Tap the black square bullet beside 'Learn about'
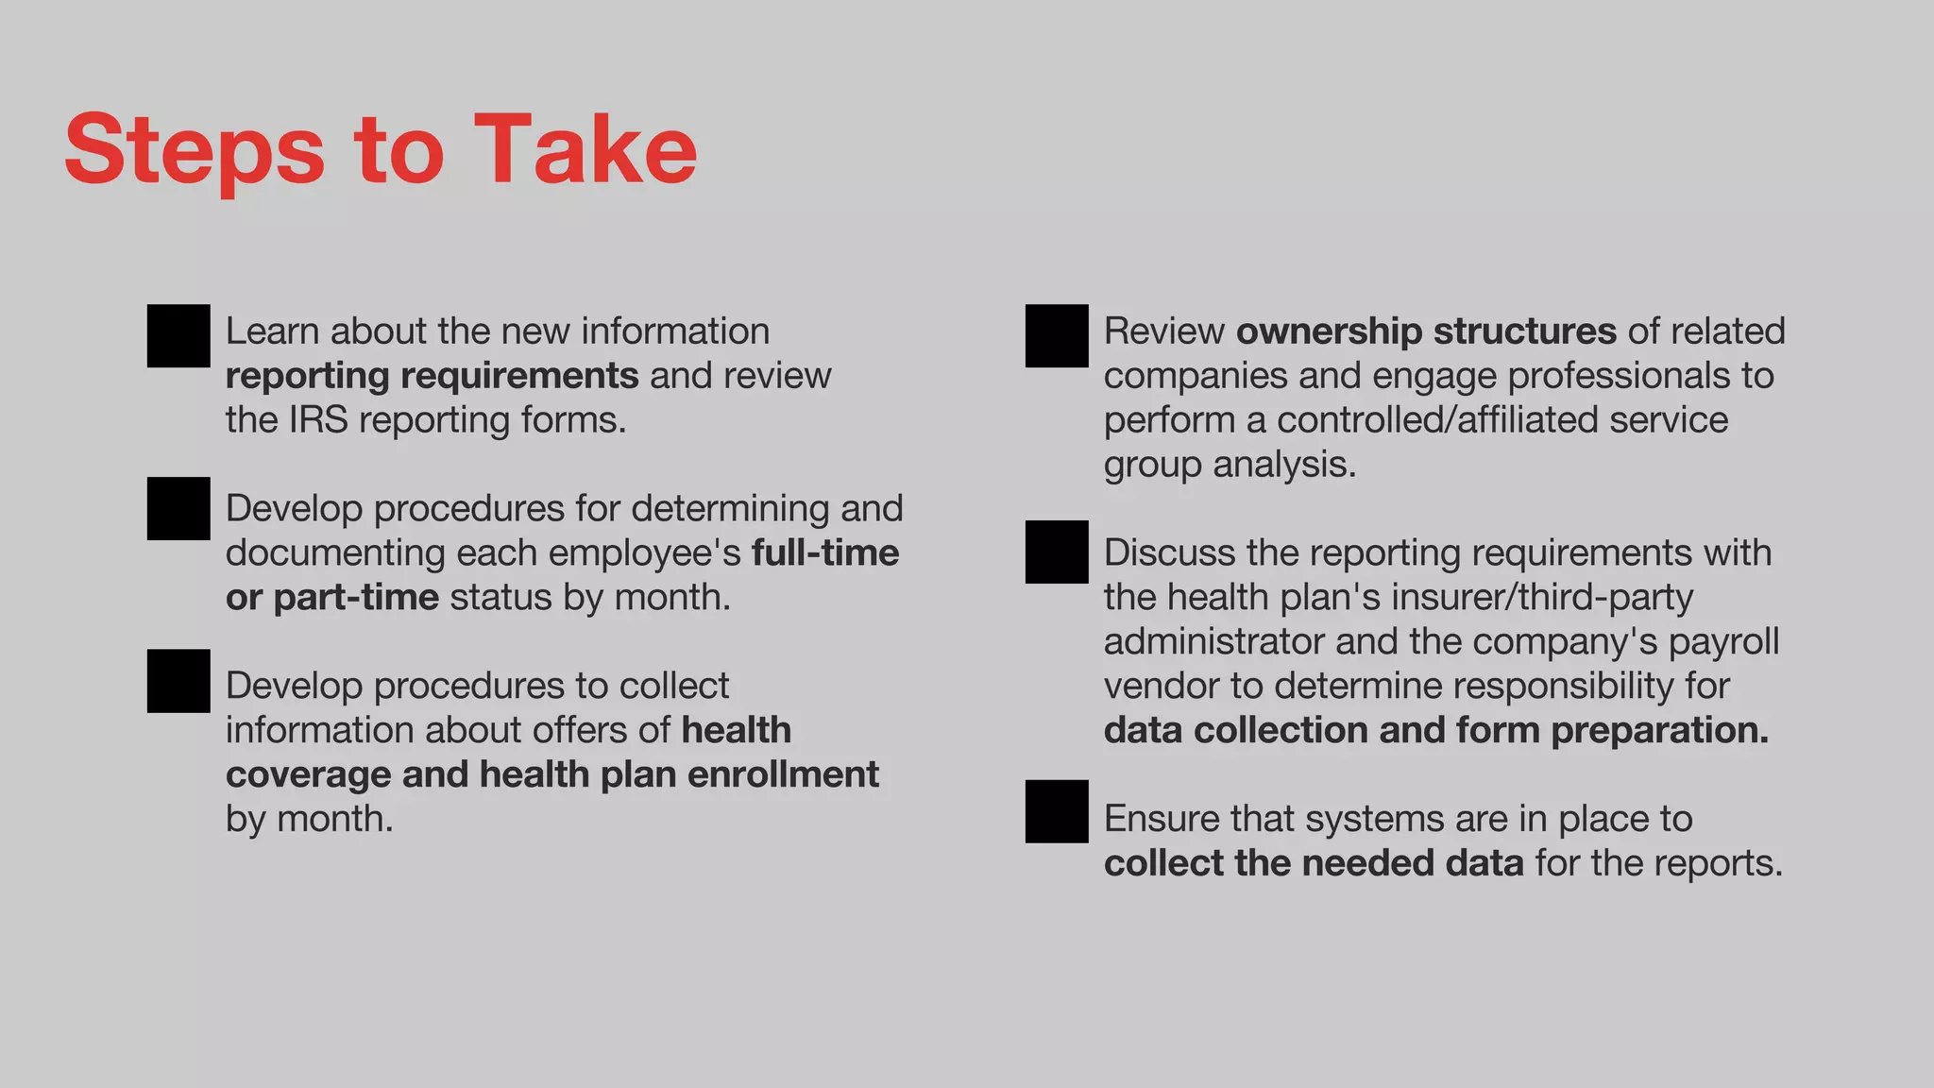pos(178,335)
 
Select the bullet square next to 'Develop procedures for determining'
pos(178,508)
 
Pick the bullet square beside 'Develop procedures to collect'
pos(178,681)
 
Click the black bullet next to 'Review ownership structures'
pos(1057,335)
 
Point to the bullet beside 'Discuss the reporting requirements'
pos(1057,552)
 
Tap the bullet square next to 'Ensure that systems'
pos(1057,811)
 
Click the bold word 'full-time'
pos(825,552)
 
